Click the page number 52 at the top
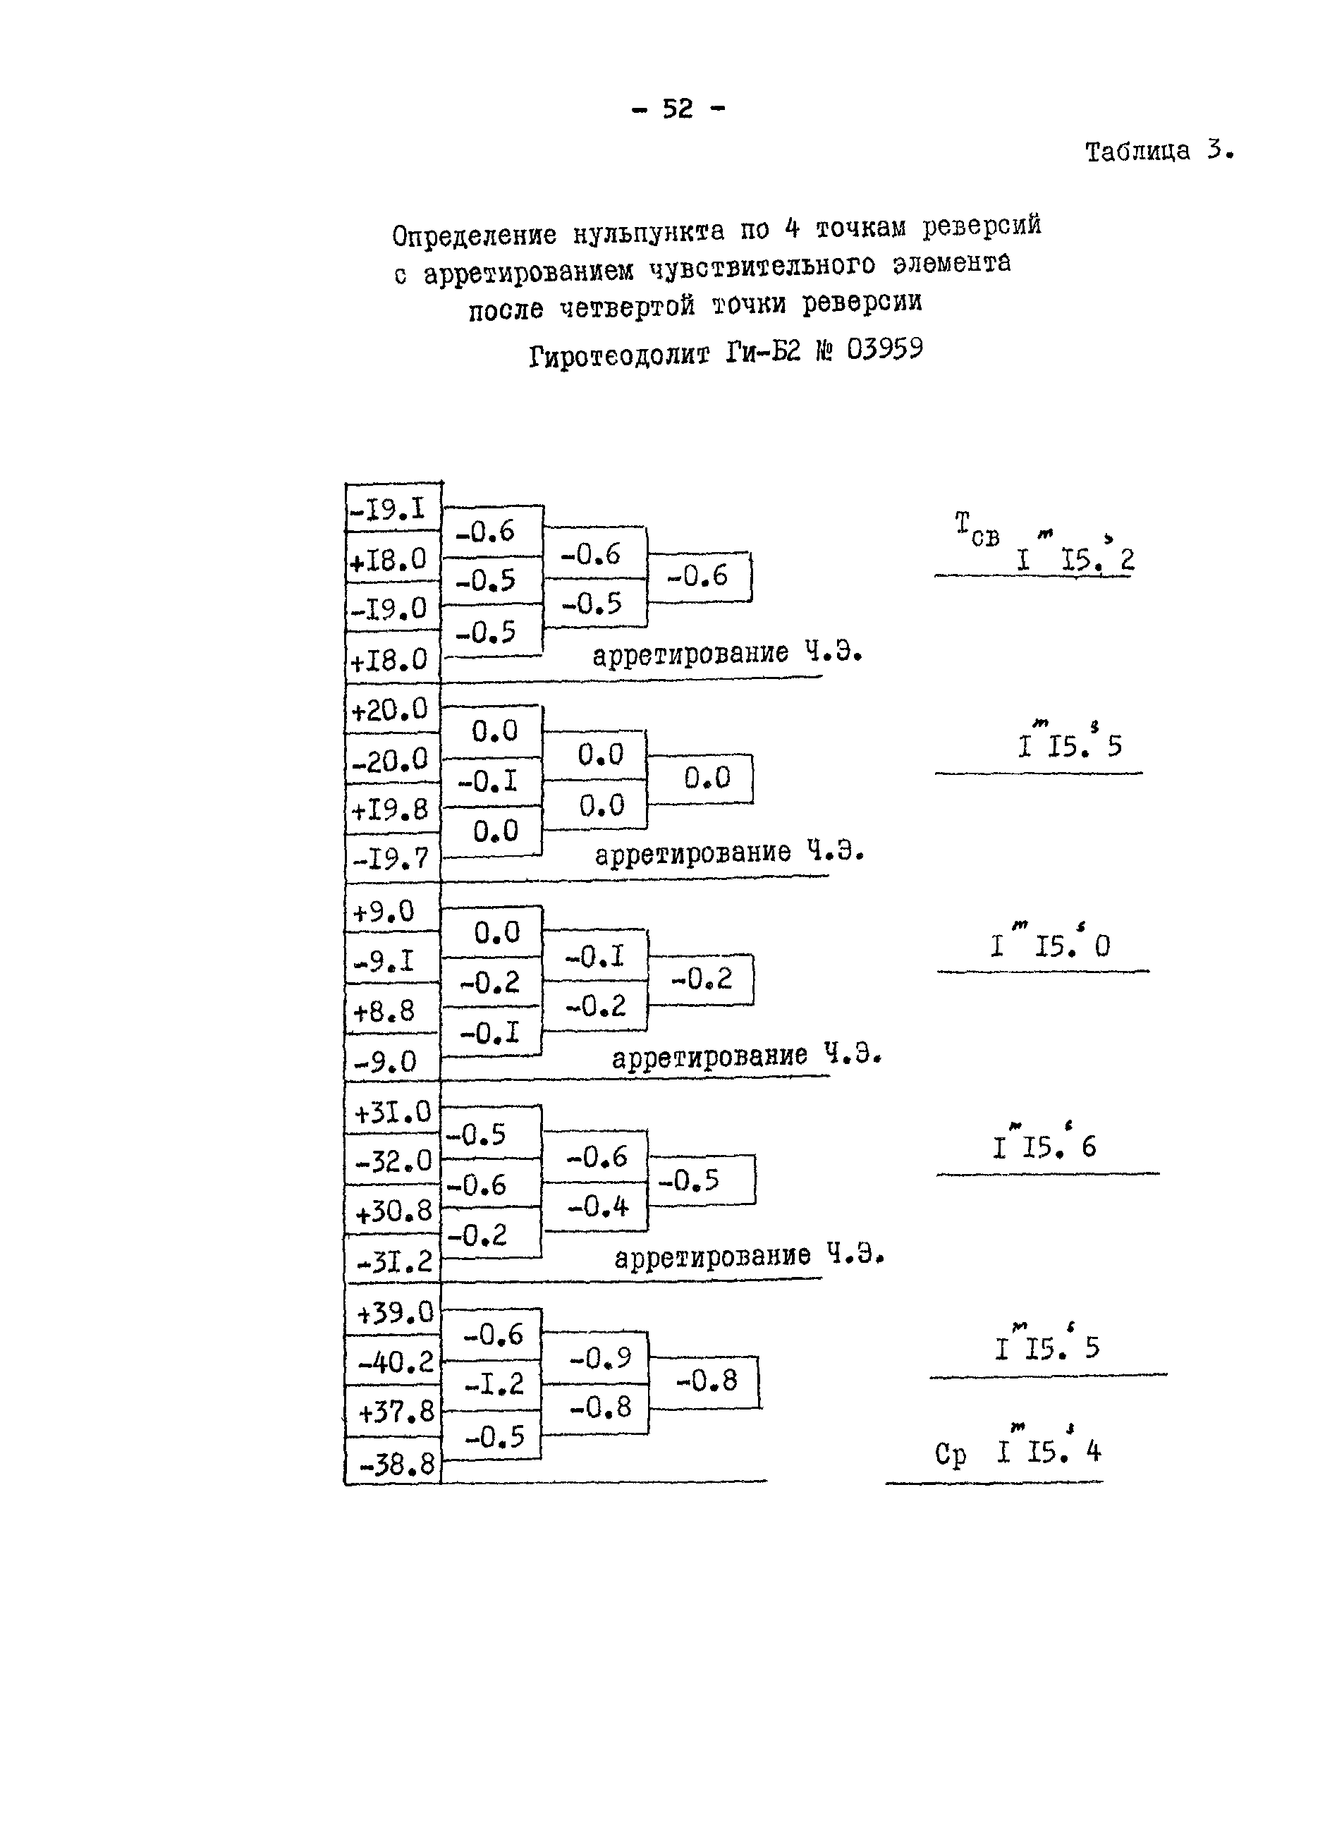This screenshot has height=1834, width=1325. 678,109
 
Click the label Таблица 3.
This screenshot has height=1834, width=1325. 1159,151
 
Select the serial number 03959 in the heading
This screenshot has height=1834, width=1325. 884,350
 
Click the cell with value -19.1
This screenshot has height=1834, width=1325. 389,509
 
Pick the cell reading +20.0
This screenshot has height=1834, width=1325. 389,710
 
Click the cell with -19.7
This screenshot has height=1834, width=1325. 391,858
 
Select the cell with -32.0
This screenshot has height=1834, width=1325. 394,1162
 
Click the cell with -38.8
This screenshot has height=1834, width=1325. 396,1464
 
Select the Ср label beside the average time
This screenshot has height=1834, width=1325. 951,1453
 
